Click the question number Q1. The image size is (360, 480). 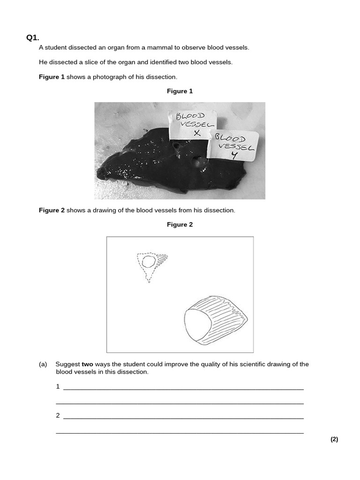pos(33,38)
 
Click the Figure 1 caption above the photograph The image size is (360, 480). pos(180,91)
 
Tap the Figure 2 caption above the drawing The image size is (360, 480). pos(180,225)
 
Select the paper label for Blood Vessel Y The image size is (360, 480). pos(234,145)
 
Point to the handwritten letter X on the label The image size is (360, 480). pos(197,133)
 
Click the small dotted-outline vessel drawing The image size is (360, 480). pos(150,266)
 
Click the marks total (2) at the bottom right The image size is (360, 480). pos(334,439)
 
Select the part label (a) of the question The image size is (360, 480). pos(43,364)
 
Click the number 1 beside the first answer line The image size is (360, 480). pos(58,387)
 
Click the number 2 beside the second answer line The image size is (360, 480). pos(58,416)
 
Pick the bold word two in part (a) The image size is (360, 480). pos(88,364)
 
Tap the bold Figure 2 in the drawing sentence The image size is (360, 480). pos(52,210)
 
